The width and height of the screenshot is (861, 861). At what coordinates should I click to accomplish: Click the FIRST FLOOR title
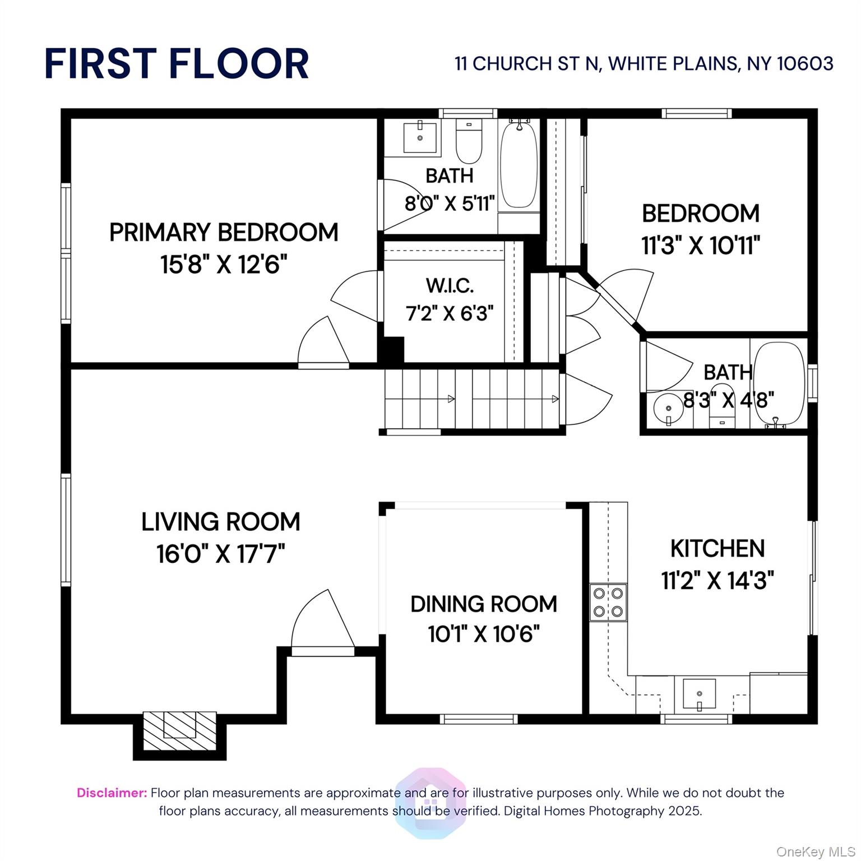pyautogui.click(x=177, y=63)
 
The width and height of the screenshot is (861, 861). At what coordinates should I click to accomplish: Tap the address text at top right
pyautogui.click(x=644, y=64)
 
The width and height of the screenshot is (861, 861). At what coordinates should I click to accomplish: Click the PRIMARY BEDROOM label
pyautogui.click(x=224, y=232)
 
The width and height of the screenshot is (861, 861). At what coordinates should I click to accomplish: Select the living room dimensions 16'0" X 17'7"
pyautogui.click(x=221, y=554)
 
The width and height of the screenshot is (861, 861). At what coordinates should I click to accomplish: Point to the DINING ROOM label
pyautogui.click(x=484, y=604)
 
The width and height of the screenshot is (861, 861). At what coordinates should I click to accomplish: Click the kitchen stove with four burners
pyautogui.click(x=608, y=602)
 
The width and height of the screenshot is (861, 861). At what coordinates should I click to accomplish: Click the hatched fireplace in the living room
pyautogui.click(x=179, y=730)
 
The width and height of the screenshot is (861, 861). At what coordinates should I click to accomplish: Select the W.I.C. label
pyautogui.click(x=450, y=285)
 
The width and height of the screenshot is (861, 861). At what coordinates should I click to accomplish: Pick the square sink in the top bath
pyautogui.click(x=420, y=137)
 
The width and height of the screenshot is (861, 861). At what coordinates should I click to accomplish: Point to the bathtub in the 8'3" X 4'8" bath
pyautogui.click(x=779, y=385)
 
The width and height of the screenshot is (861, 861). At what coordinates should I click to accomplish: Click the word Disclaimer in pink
pyautogui.click(x=112, y=793)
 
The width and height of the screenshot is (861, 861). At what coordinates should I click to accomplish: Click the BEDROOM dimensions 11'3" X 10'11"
pyautogui.click(x=700, y=246)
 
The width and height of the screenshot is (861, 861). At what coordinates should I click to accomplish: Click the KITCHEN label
pyautogui.click(x=717, y=548)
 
